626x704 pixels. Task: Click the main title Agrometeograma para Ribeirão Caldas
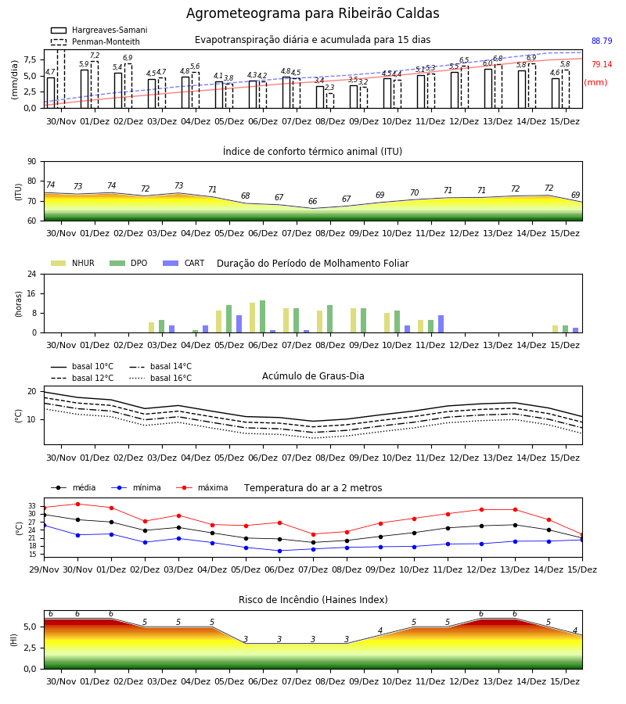312,13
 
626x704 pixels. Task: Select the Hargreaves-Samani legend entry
99,30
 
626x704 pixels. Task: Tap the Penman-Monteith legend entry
95,41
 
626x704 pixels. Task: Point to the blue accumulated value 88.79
602,41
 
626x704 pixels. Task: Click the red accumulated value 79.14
602,64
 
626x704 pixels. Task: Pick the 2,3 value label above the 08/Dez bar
329,88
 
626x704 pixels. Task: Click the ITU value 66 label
312,201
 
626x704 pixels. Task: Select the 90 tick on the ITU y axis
32,162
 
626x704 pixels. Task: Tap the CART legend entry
184,263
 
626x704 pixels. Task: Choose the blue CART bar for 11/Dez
441,324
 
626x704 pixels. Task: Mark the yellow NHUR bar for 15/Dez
555,329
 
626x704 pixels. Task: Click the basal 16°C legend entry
160,378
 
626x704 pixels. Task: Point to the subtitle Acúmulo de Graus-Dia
313,375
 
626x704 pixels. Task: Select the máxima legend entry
202,487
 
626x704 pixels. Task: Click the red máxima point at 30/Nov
77,505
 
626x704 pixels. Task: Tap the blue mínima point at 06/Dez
280,551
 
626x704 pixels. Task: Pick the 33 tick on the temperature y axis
32,506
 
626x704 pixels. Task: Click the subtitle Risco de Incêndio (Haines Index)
313,599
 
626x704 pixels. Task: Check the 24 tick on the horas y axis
32,274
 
